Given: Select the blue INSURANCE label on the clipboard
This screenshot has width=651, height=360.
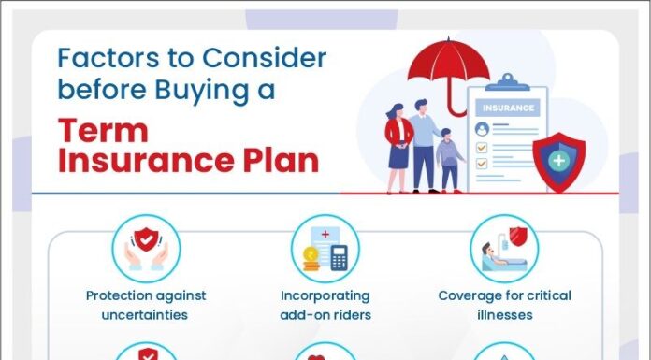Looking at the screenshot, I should (508, 108).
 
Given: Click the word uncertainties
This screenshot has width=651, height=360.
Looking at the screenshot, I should (146, 315).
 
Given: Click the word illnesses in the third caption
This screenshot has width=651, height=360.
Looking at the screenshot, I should (505, 315).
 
